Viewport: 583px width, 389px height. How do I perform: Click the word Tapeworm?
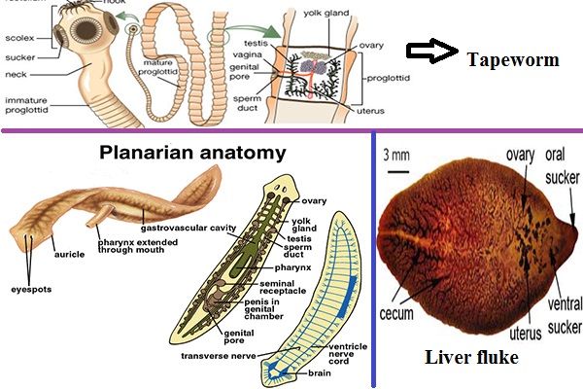(x=513, y=59)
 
